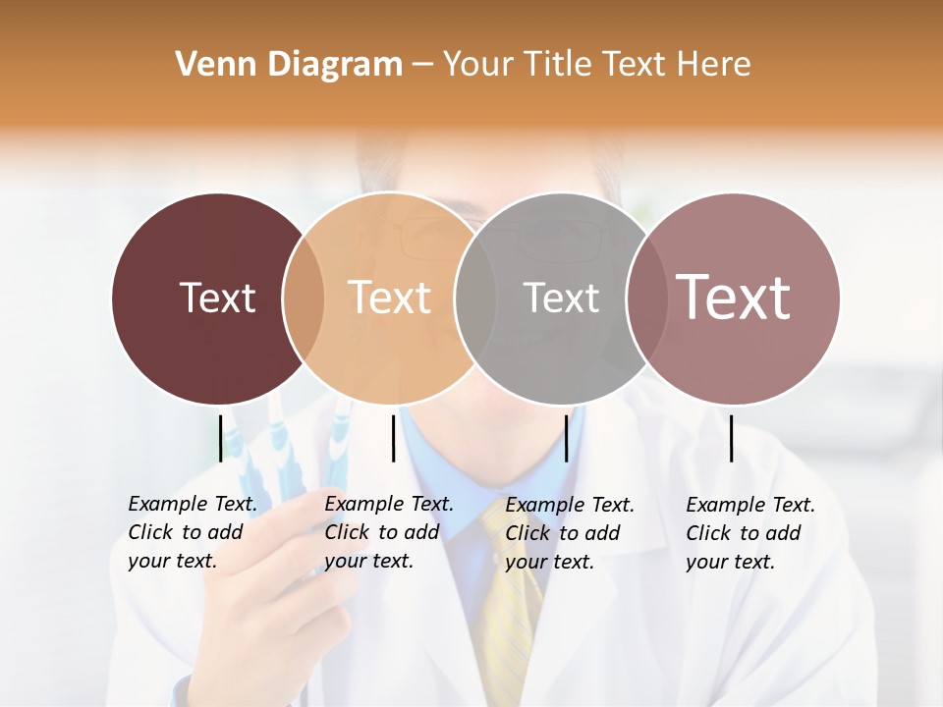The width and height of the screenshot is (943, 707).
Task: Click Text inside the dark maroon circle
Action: point(217,298)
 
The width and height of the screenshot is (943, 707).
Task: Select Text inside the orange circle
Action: point(389,298)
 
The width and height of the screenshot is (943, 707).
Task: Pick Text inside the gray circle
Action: point(561,298)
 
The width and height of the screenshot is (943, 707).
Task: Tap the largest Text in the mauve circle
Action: point(734,298)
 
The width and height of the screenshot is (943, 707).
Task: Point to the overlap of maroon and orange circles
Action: point(304,299)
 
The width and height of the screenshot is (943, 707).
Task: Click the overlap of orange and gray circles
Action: point(476,299)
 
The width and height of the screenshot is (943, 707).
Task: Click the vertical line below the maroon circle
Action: point(220,438)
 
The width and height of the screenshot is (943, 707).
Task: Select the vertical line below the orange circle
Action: point(393,438)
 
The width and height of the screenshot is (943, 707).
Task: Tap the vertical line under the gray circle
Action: point(566,438)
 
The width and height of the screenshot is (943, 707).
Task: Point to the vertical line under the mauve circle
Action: point(732,438)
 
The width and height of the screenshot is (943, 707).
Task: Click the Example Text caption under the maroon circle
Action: point(192,532)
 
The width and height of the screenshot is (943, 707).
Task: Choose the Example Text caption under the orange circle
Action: point(388,532)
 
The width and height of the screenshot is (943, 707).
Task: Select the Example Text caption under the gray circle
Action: point(569,533)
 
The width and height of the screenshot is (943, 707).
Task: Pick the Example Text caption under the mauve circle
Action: point(749,533)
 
